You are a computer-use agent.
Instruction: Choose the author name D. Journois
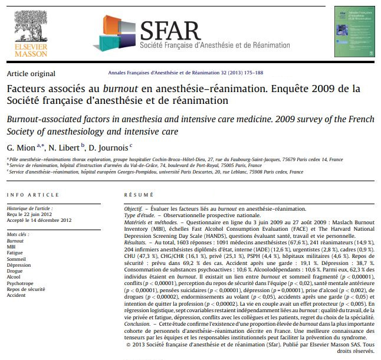(110, 146)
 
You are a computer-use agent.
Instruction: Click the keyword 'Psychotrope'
(19, 283)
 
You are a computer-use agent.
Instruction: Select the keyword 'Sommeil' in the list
(16, 259)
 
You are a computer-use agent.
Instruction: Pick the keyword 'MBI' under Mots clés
(12, 247)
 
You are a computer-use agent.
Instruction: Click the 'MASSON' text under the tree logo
(27, 54)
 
